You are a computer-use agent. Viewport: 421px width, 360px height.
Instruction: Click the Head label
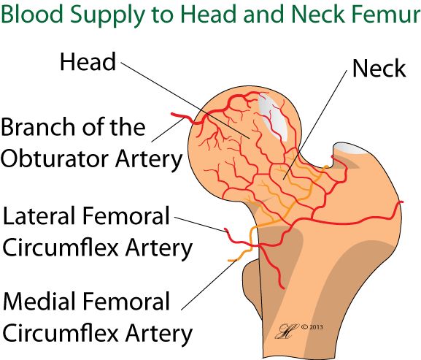[x=88, y=62]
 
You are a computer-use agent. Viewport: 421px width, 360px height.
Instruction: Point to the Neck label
[x=379, y=69]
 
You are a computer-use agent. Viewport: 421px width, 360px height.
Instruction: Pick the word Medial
[x=39, y=301]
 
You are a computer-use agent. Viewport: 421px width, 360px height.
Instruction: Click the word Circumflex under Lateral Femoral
[x=61, y=248]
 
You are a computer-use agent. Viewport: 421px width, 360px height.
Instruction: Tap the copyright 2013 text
[x=312, y=327]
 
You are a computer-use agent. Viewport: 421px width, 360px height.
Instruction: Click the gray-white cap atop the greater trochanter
[x=350, y=148]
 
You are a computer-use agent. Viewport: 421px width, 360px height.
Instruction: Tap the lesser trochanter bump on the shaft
[x=252, y=289]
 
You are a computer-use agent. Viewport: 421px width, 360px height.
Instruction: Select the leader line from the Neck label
[x=314, y=125]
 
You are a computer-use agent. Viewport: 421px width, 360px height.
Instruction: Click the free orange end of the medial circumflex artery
[x=229, y=261]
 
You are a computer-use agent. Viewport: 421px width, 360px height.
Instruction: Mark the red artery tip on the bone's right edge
[x=402, y=202]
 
